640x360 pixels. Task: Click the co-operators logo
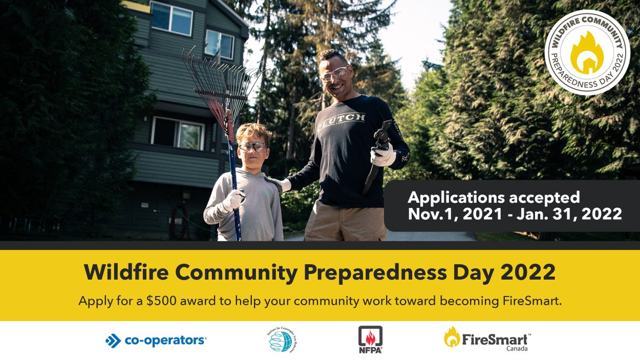[156, 340]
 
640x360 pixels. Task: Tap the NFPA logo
[370, 340]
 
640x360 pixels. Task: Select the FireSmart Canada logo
[487, 338]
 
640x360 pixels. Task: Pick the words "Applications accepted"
[494, 197]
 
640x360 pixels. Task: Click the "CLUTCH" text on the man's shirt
[342, 117]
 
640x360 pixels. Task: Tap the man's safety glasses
[334, 73]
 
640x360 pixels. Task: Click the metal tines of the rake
[219, 75]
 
